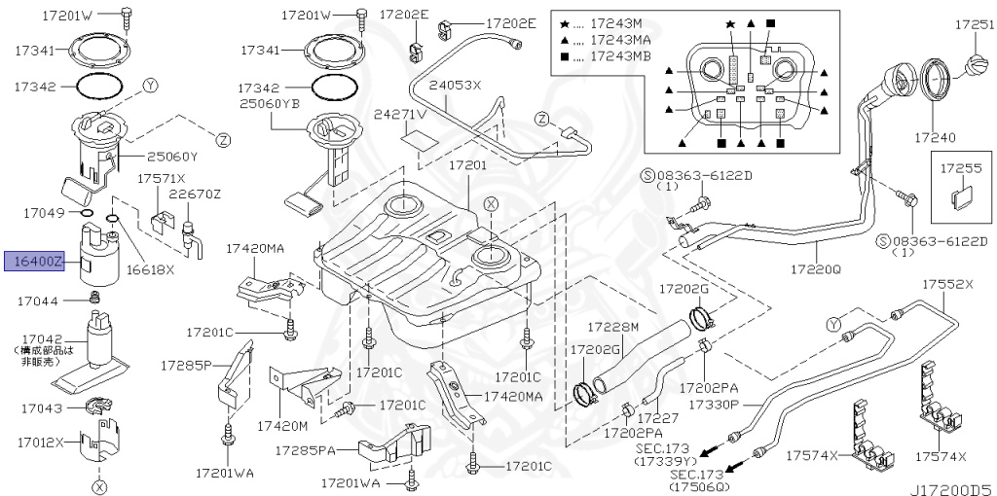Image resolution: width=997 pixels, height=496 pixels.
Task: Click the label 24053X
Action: [457, 86]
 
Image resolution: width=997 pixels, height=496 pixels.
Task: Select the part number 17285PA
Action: [305, 450]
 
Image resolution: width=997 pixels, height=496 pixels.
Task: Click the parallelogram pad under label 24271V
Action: [418, 139]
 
